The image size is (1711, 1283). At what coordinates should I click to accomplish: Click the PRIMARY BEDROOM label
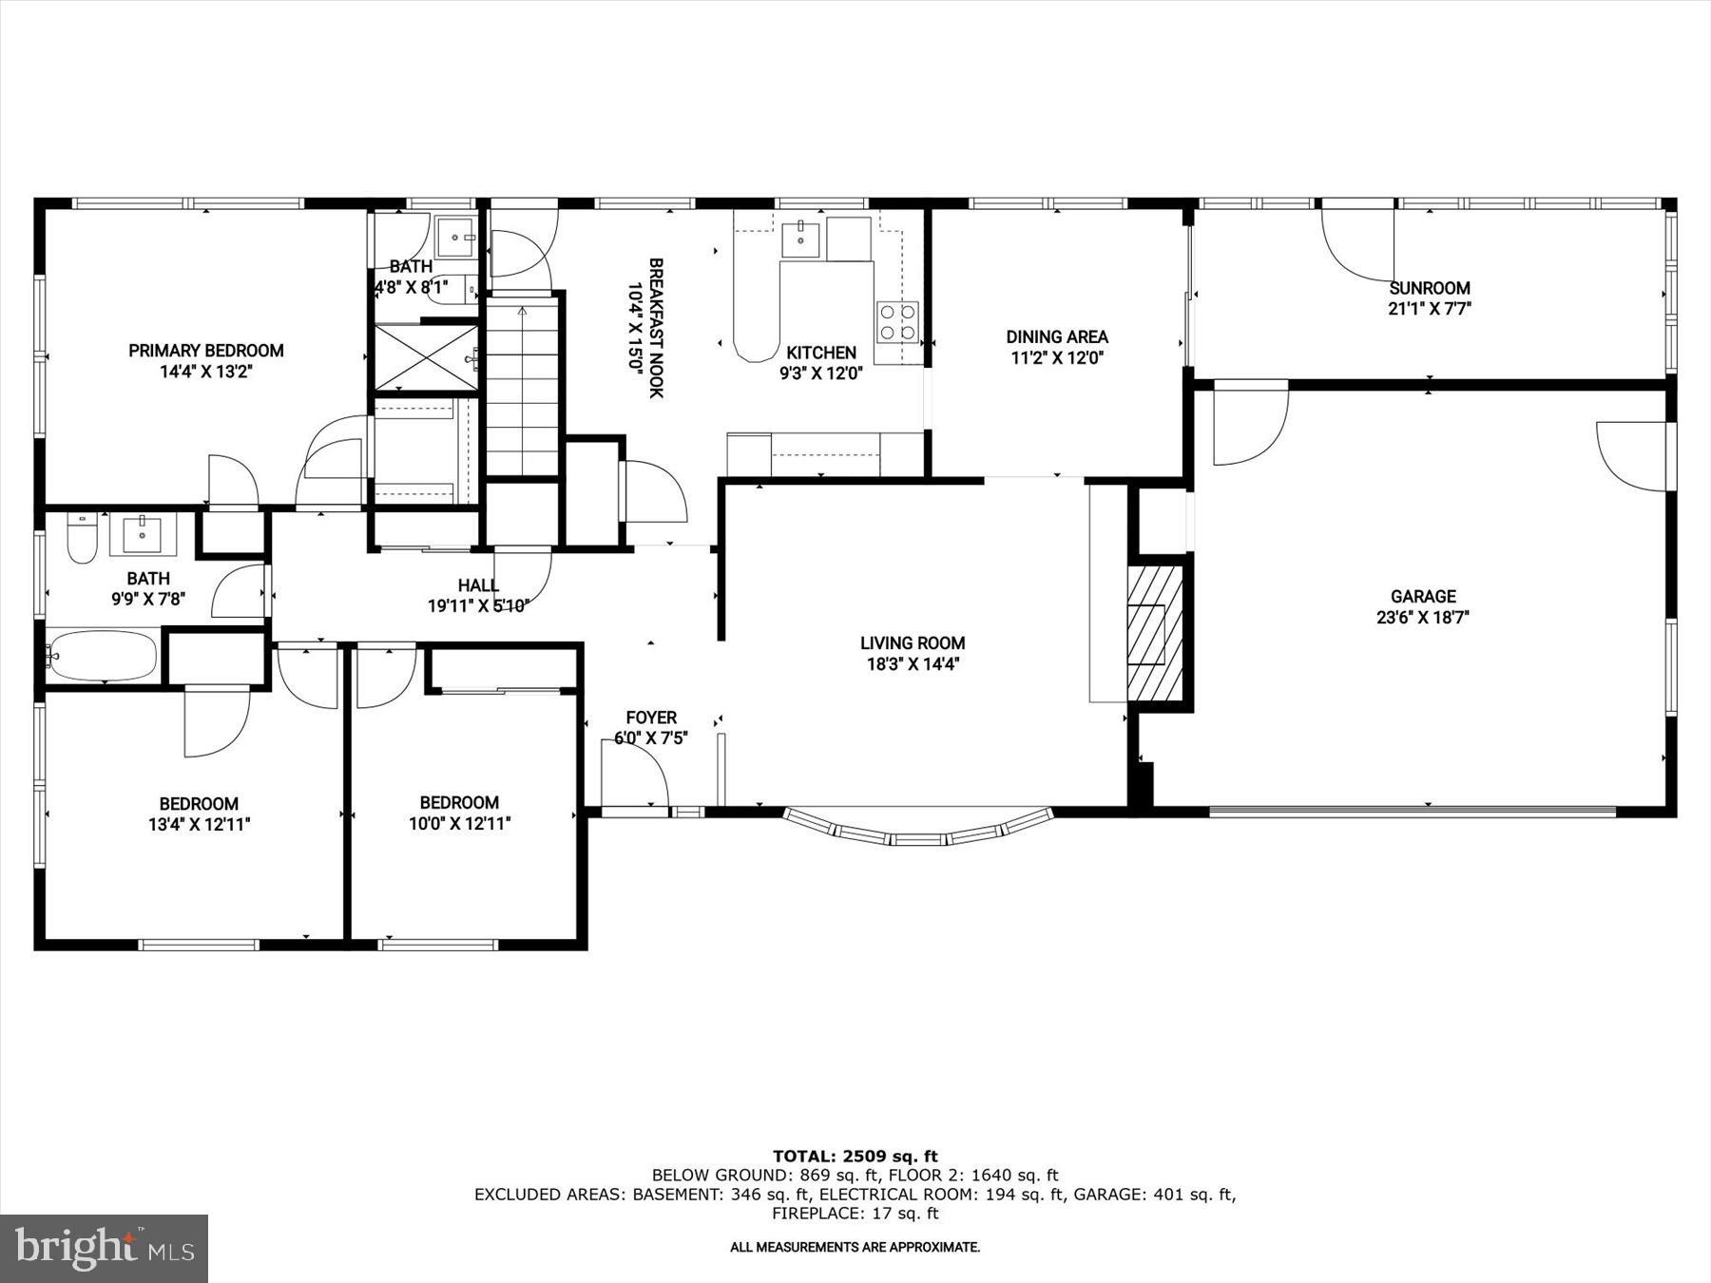point(206,351)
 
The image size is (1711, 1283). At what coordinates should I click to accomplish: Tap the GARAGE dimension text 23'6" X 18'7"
point(1423,618)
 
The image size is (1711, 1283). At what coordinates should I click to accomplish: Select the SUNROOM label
point(1430,288)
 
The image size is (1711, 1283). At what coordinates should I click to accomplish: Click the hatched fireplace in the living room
point(1156,633)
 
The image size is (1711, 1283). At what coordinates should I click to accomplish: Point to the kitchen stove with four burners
point(897,321)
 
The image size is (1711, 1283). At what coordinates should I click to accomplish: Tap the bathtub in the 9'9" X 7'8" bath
point(102,656)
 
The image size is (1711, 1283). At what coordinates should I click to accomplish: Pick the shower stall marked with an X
point(426,357)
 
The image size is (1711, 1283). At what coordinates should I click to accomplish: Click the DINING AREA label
point(1057,336)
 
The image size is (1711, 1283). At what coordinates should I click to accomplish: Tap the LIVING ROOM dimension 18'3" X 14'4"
point(913,664)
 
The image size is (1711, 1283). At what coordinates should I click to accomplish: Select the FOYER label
point(651,718)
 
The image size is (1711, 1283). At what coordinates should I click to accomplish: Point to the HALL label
point(478,585)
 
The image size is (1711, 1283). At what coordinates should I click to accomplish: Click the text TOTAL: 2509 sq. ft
point(855,1157)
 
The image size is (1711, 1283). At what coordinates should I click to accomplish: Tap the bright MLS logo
point(104,1248)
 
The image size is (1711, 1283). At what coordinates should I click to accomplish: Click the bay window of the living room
point(918,830)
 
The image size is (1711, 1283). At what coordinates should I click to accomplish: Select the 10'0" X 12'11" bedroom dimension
point(460,824)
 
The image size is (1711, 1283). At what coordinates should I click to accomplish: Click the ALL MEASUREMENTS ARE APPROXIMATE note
point(855,1247)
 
